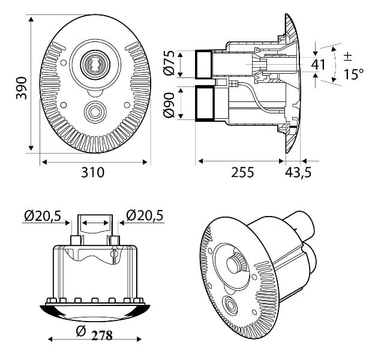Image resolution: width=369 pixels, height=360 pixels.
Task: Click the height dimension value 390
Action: (x=20, y=88)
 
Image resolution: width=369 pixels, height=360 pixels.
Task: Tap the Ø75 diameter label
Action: (x=170, y=63)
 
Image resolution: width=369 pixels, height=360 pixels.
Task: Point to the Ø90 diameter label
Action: (x=170, y=104)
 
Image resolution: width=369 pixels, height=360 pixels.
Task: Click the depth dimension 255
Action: (x=242, y=172)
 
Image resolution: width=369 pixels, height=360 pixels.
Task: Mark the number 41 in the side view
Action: (x=319, y=64)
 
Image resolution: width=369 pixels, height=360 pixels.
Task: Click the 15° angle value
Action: (x=353, y=74)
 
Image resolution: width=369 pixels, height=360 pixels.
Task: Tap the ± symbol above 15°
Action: (x=348, y=56)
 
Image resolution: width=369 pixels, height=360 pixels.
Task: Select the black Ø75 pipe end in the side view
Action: (x=203, y=64)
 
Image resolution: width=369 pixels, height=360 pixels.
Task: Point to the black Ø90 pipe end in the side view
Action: (x=204, y=104)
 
